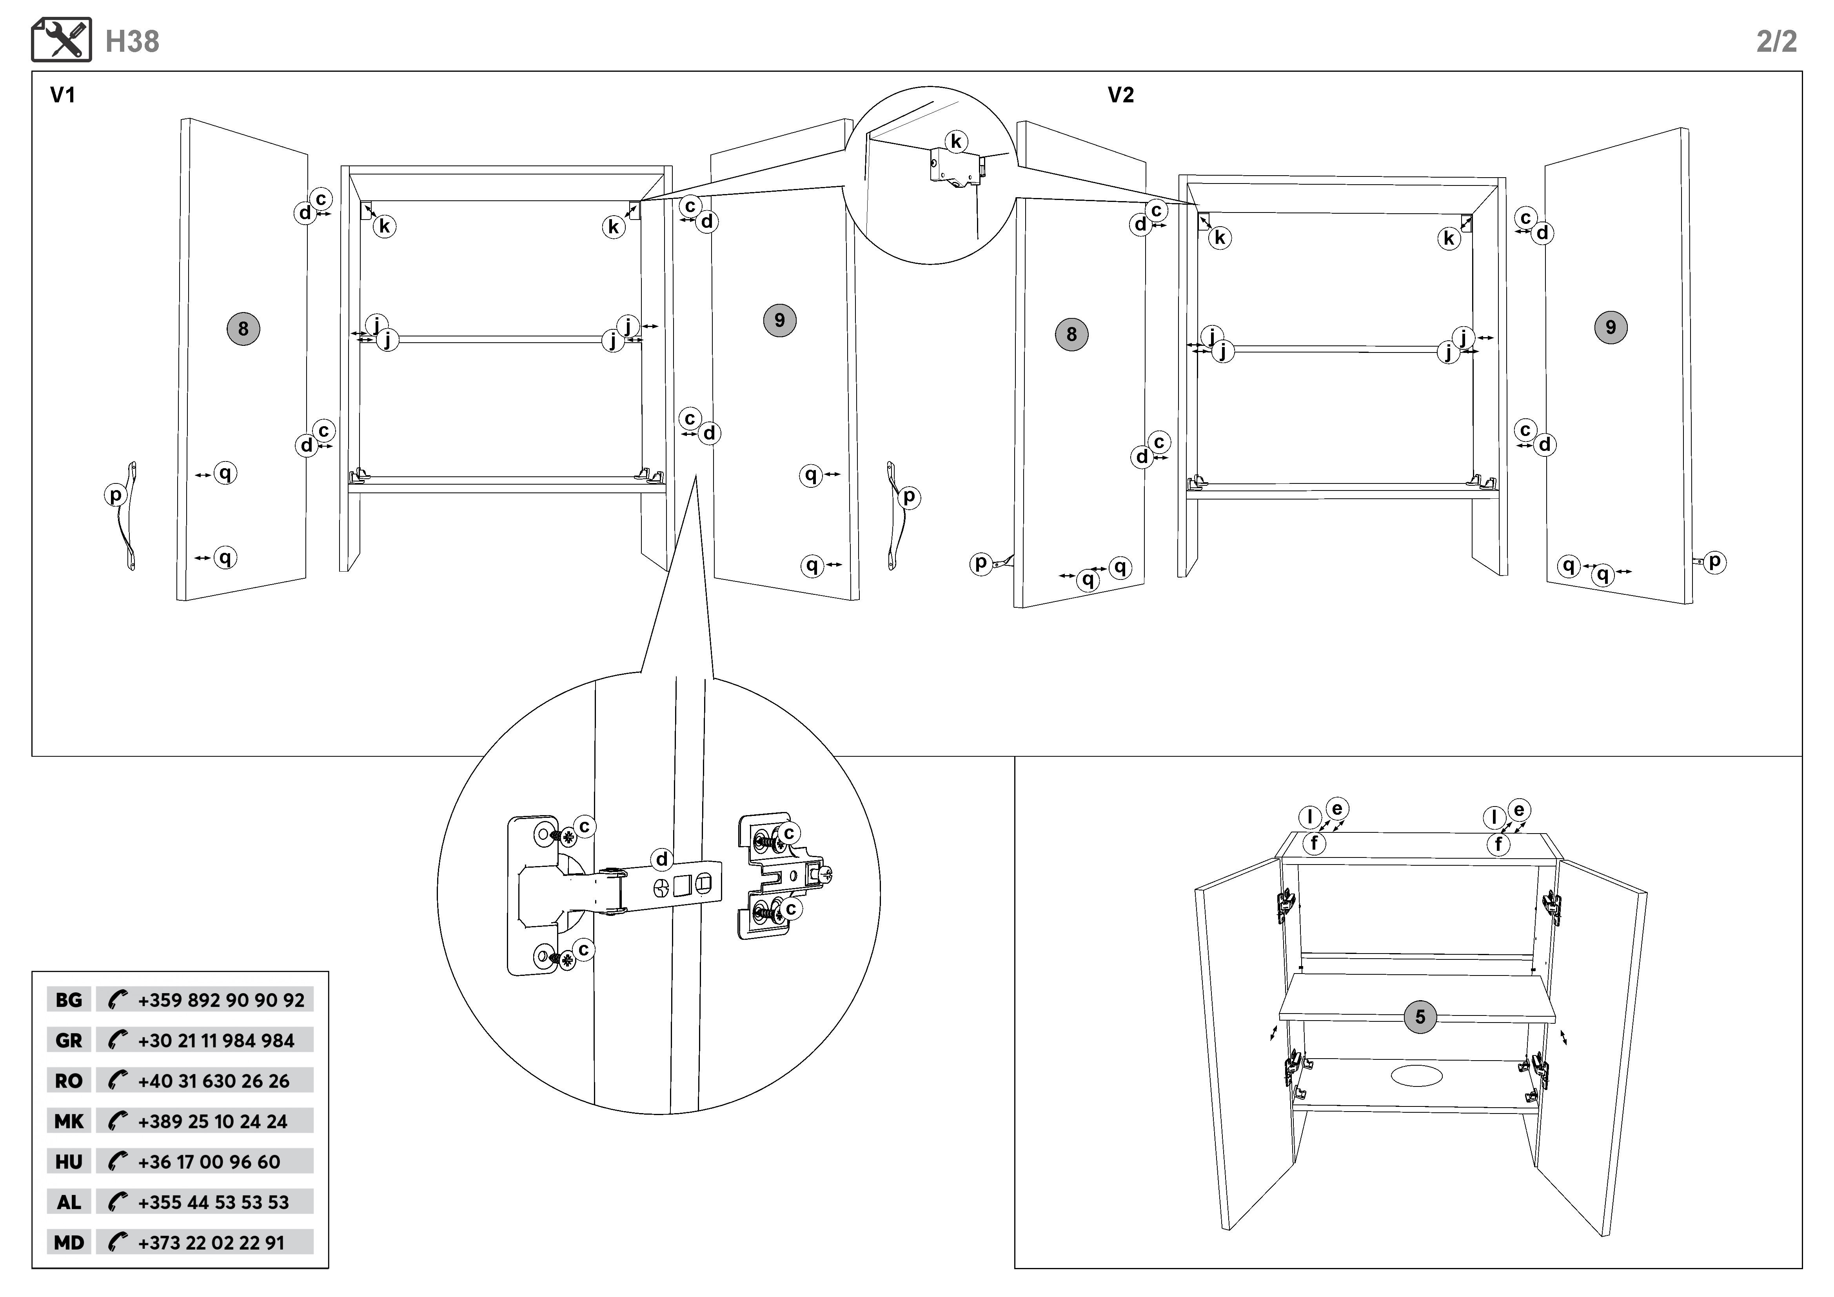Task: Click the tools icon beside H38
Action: (62, 40)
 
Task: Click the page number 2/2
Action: (1776, 42)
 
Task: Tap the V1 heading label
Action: (62, 95)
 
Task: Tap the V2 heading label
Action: (1120, 95)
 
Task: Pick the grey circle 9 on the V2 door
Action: (1611, 327)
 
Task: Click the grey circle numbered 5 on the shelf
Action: (1420, 1017)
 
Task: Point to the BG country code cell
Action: (69, 1000)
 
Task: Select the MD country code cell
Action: (69, 1243)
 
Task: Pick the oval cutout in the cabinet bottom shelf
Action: (1417, 1075)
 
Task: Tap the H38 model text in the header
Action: (133, 42)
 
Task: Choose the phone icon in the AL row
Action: (118, 1202)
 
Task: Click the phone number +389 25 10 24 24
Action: (212, 1121)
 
